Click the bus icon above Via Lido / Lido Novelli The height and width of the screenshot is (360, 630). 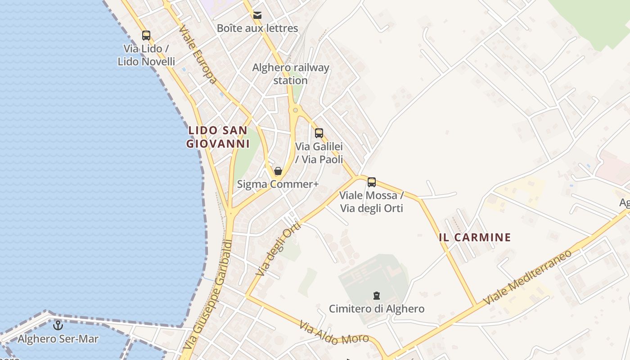coord(146,35)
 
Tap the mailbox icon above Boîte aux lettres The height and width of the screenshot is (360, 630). coord(257,15)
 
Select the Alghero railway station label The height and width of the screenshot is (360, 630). coord(291,74)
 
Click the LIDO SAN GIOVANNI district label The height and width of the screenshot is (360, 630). coord(218,137)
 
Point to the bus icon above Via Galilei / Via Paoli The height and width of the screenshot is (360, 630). coord(319,133)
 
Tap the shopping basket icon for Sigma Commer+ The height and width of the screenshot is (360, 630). coord(278,171)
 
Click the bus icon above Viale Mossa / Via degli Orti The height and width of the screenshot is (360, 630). coord(372,182)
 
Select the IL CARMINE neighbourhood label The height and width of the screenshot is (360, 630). coord(475,237)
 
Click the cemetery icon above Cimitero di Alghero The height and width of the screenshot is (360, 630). coord(377,296)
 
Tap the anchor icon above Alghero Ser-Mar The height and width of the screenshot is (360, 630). coord(58,325)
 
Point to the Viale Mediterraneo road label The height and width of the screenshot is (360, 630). coord(527,277)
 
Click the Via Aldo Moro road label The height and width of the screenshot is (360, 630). coord(334,333)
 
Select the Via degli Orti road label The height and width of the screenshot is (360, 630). coord(278,249)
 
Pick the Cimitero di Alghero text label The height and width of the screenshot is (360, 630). coord(377,309)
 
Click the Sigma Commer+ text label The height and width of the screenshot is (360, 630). coord(278,184)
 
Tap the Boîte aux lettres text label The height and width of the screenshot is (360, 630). coord(257,28)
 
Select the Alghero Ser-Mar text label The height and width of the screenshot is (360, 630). coord(58,338)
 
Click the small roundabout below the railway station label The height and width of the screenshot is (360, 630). coord(295,109)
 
